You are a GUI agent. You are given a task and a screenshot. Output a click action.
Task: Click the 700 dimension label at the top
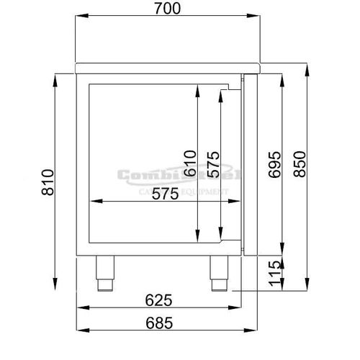pos(166,9)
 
